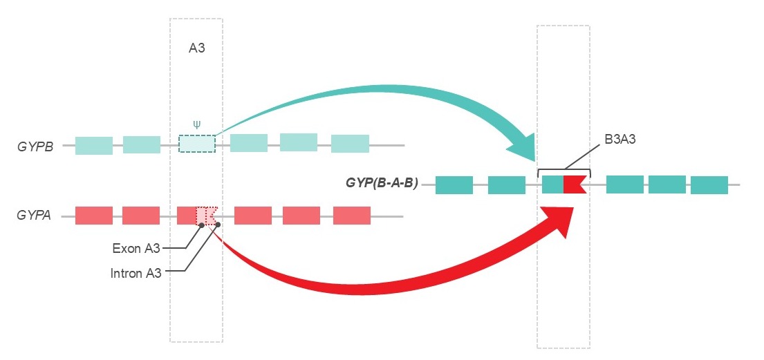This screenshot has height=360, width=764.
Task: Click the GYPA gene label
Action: (34, 216)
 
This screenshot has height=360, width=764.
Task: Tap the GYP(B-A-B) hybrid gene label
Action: (382, 184)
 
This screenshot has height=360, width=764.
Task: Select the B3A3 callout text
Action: (619, 139)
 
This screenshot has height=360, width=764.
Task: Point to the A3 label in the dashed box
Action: (197, 48)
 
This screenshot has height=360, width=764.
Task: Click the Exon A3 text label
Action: (136, 247)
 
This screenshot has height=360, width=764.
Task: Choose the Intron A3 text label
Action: (136, 272)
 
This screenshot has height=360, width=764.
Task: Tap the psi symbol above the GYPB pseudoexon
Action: (197, 125)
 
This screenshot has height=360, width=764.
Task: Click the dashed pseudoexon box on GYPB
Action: (197, 144)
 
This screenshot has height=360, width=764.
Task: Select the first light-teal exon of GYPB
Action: (94, 145)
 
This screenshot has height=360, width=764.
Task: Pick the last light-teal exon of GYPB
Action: (350, 144)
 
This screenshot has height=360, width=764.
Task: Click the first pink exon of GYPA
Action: (93, 216)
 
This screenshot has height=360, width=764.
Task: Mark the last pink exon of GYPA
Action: (352, 216)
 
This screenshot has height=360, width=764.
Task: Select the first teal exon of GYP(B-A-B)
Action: (454, 184)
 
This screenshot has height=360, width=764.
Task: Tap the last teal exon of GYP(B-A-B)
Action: (709, 184)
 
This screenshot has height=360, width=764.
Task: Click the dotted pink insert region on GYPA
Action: (207, 216)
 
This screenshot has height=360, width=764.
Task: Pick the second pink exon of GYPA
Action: (141, 216)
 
